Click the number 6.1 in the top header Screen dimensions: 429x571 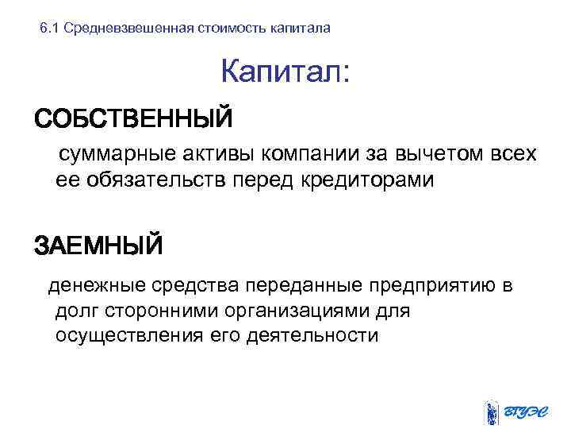(x=49, y=29)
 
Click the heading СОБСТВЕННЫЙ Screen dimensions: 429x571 (x=132, y=119)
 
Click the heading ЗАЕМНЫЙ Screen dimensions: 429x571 (x=98, y=245)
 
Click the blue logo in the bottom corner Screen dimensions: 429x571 (x=516, y=412)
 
